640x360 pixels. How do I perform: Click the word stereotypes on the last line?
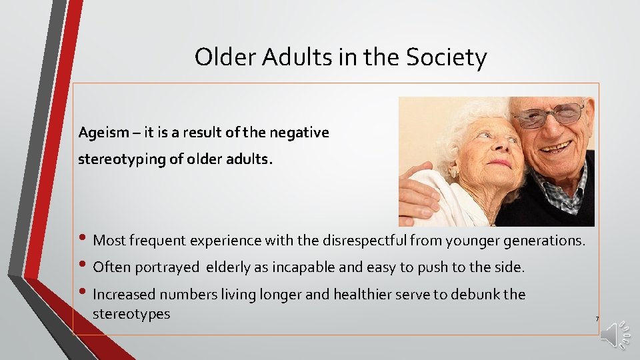[x=131, y=313]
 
